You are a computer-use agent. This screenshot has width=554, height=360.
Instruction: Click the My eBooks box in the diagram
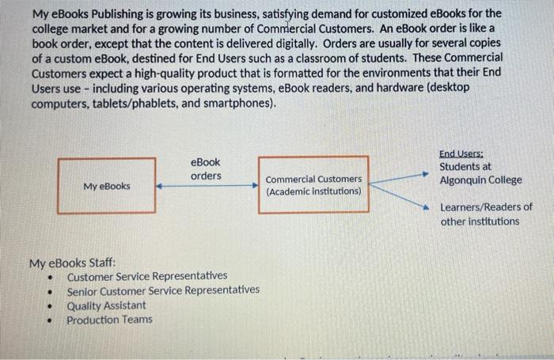pos(107,186)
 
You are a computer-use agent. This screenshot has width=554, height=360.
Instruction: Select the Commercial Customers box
pos(313,184)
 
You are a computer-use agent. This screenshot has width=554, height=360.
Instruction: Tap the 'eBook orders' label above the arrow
pos(206,169)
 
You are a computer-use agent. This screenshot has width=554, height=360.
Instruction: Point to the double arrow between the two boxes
pos(207,187)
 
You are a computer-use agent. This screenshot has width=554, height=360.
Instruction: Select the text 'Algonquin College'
pos(480,180)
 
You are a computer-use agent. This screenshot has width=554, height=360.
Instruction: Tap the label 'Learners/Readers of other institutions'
pos(486,214)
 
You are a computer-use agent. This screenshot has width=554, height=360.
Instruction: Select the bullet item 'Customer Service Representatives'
pos(146,276)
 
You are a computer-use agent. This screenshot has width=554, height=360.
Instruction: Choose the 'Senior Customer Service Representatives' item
pos(162,290)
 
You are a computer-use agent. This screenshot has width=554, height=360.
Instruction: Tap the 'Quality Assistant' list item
pos(106,305)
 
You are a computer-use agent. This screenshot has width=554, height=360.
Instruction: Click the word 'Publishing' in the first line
pos(116,14)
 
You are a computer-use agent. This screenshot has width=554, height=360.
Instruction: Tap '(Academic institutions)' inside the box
pos(313,191)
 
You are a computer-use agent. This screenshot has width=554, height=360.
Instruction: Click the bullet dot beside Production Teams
pos(50,321)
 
